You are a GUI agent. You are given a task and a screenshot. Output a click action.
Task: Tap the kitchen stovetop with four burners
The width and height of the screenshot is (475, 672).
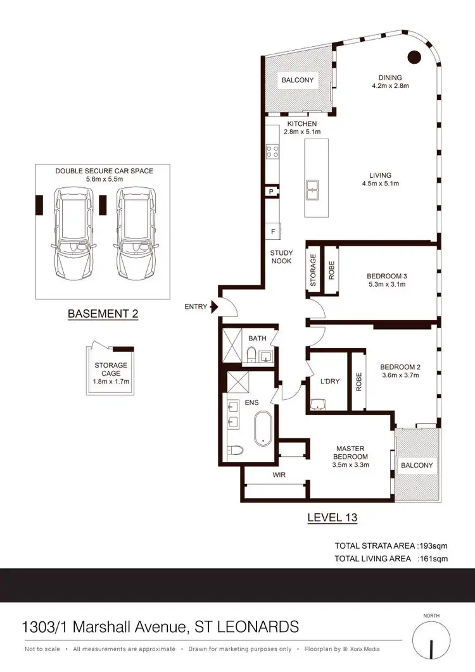tap(273, 151)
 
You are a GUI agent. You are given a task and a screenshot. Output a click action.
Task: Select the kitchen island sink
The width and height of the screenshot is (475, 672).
tap(313, 188)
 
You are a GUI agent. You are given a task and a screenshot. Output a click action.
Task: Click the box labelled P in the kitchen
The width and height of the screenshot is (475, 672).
tap(272, 191)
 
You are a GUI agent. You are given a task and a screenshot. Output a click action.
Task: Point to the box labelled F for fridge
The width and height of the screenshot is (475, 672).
tap(272, 231)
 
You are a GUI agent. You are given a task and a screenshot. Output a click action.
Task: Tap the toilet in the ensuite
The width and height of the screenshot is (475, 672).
tap(234, 451)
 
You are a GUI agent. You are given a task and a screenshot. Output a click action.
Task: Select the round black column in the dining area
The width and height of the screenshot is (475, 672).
tap(414, 57)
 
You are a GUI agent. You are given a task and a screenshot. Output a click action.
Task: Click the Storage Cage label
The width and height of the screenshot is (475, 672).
tap(111, 369)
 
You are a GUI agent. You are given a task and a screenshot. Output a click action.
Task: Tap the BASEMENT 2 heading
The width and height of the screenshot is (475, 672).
tap(103, 313)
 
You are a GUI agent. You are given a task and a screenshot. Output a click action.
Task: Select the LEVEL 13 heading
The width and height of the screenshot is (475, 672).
tap(332, 518)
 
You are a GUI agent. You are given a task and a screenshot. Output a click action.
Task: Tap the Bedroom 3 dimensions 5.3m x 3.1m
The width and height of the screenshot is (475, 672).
tap(386, 285)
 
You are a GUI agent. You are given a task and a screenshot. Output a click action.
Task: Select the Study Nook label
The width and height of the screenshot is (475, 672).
tap(281, 257)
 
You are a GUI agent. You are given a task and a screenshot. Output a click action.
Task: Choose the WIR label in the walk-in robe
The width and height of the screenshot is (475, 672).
tap(279, 473)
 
